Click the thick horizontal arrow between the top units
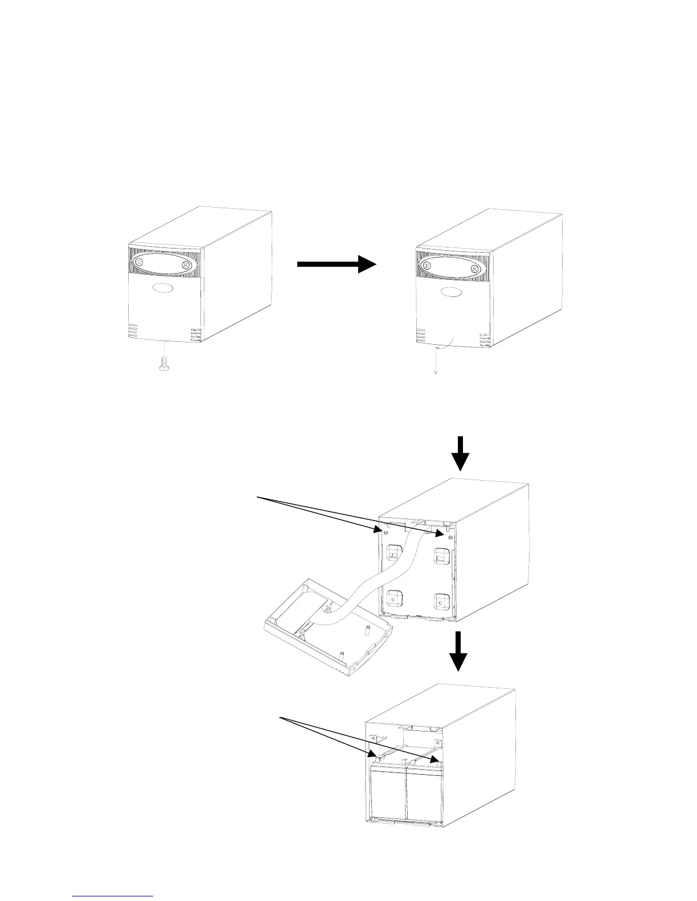[x=337, y=264]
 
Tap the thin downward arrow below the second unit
[x=436, y=359]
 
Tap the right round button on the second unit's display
[x=474, y=269]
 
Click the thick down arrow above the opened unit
[x=462, y=453]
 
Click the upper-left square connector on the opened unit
[x=393, y=551]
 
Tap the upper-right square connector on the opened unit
[x=441, y=556]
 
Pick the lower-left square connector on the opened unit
[x=393, y=597]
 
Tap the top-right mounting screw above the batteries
[x=437, y=743]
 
